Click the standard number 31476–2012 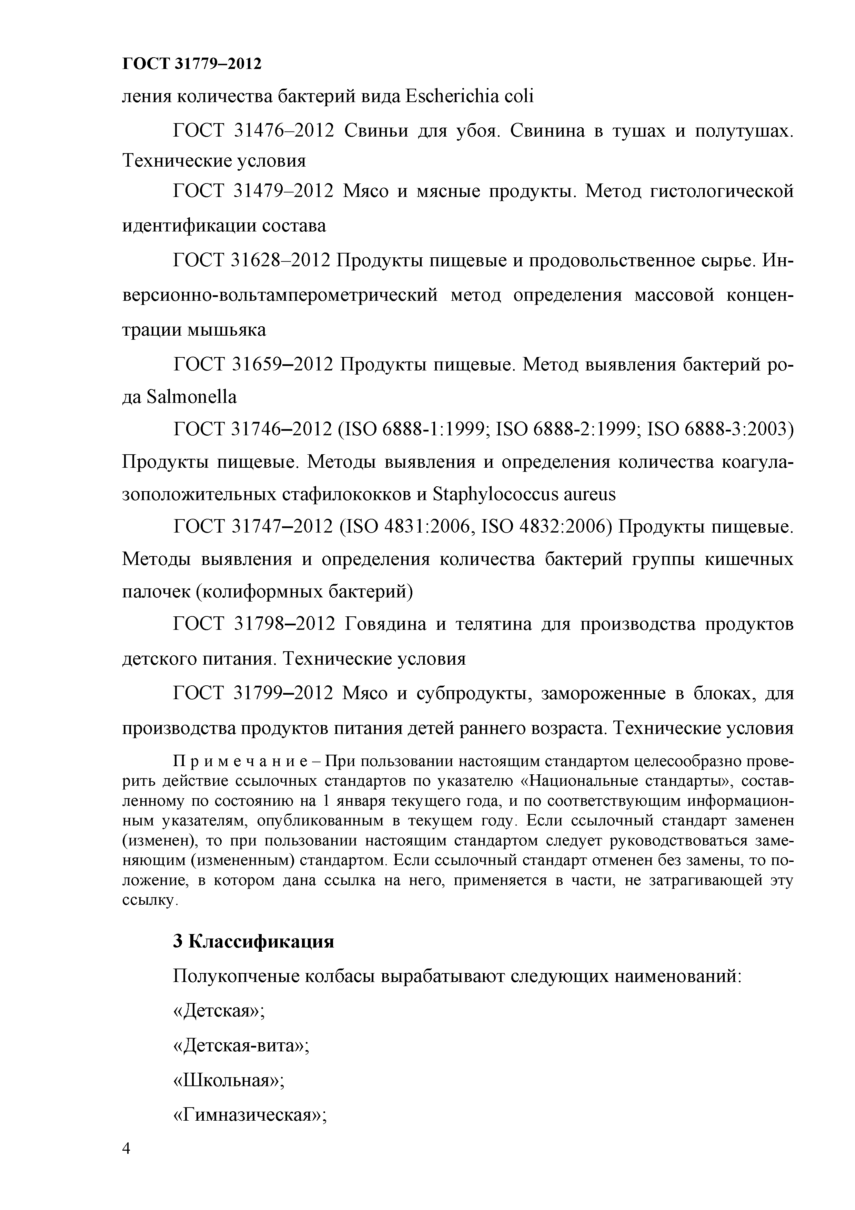[x=283, y=131]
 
